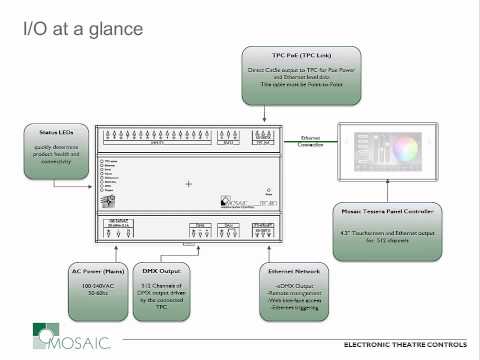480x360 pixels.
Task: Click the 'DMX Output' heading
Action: coord(165,271)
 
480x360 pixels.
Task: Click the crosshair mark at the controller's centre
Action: coord(187,184)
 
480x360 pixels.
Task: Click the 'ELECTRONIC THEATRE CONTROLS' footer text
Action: coord(404,344)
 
